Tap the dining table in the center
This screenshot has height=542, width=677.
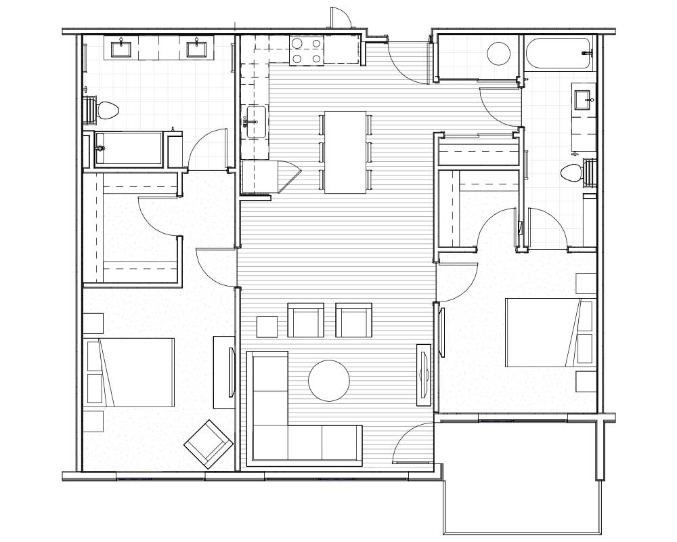coord(345,152)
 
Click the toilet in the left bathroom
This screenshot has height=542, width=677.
coord(106,110)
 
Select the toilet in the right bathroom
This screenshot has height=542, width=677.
coord(573,173)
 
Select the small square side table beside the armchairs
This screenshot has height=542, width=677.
coord(267,327)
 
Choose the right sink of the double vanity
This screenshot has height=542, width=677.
coord(196,47)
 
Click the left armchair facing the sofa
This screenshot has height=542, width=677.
coord(305,320)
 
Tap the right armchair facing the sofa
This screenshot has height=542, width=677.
coord(354,320)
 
